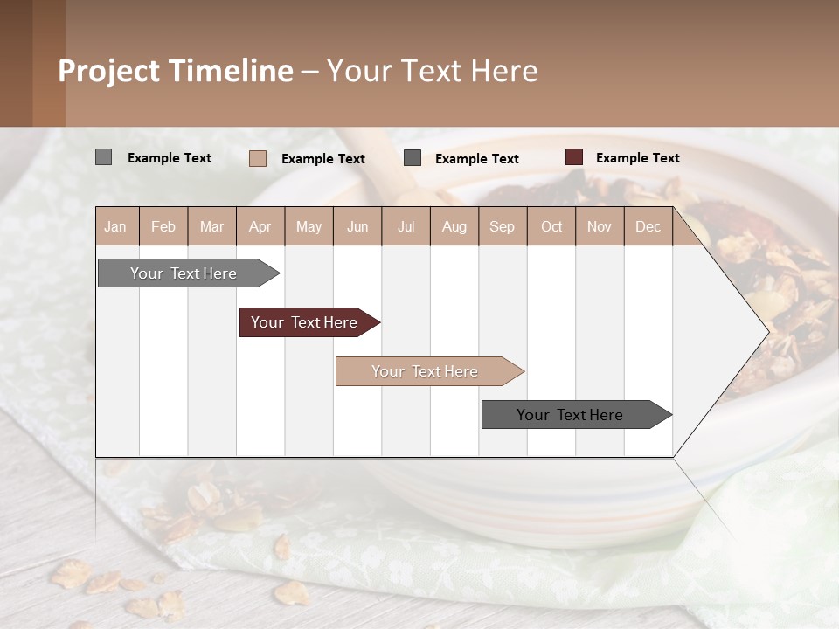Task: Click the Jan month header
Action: click(x=115, y=226)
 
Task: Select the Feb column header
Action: click(x=163, y=226)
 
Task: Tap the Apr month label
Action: click(x=260, y=226)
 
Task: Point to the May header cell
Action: click(x=309, y=226)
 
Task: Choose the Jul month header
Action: click(x=406, y=226)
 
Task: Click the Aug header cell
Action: click(x=454, y=226)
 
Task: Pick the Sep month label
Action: click(x=502, y=226)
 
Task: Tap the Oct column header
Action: click(x=551, y=226)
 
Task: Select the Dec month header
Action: click(x=648, y=226)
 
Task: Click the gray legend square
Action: click(x=103, y=157)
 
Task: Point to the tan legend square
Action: click(x=257, y=158)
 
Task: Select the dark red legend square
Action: click(x=573, y=157)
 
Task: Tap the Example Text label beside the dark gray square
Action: click(x=476, y=158)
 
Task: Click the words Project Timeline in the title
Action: click(x=175, y=71)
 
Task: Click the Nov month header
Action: click(x=599, y=226)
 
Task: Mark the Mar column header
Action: click(x=211, y=226)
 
